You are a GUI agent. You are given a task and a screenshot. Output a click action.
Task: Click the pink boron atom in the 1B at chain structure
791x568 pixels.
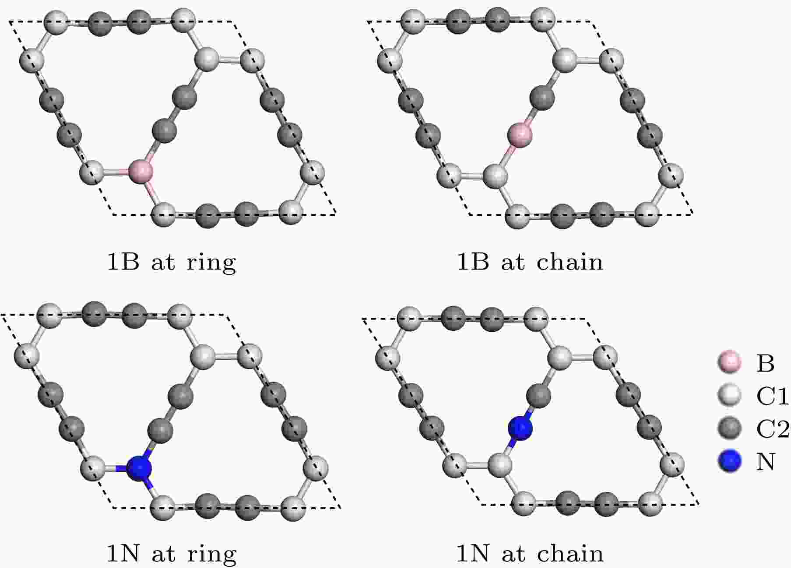pos(520,135)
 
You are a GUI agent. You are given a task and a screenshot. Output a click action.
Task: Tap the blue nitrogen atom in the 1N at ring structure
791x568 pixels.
pos(139,468)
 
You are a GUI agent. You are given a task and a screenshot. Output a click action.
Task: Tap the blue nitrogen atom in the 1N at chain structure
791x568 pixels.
pos(520,428)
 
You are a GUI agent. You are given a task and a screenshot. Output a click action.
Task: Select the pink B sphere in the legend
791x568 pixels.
pos(730,363)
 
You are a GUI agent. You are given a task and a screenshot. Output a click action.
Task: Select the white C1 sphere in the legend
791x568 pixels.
pos(730,395)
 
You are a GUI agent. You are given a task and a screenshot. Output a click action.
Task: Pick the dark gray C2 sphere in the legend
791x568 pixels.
pos(730,428)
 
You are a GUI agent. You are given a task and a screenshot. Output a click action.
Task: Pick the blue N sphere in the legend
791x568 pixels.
pos(730,461)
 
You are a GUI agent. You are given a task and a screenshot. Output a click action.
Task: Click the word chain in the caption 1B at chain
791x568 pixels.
pos(570,262)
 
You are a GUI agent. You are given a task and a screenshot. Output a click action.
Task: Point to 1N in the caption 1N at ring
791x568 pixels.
pos(123,554)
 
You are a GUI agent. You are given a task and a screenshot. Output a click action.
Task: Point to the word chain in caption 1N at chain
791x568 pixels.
pos(570,554)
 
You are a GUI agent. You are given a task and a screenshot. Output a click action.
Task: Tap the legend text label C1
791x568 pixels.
pos(772,396)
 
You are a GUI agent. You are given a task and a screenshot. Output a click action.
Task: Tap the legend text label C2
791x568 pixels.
pos(773,428)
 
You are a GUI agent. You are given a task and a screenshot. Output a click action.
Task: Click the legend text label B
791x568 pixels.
pos(766,363)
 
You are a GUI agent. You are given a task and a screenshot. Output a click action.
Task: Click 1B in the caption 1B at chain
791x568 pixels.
pos(473,262)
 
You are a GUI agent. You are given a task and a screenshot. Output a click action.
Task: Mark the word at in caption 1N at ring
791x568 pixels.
pos(163,554)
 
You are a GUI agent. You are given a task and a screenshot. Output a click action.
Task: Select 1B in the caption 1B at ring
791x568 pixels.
pos(123,262)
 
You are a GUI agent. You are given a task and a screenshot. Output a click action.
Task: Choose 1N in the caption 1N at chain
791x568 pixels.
pos(473,554)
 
